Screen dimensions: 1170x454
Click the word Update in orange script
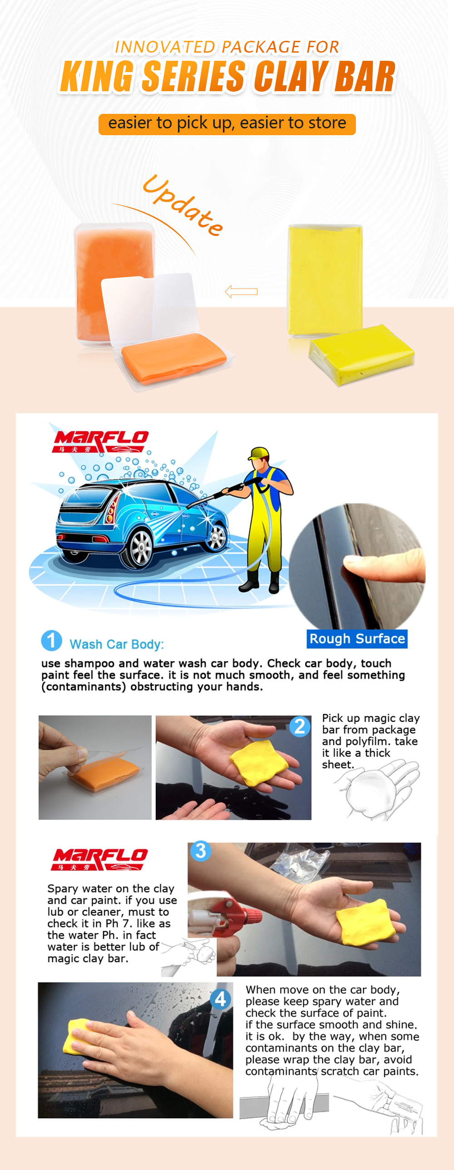click(183, 206)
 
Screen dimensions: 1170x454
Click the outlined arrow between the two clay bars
click(242, 291)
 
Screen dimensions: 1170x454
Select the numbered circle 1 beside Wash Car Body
click(51, 641)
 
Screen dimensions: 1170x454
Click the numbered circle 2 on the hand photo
click(300, 726)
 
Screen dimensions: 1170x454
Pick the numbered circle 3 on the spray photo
click(200, 851)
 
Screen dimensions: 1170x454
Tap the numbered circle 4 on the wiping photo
click(221, 999)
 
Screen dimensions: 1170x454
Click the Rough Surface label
click(357, 639)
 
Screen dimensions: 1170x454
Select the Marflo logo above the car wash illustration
click(101, 441)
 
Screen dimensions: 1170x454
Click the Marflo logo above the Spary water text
click(99, 858)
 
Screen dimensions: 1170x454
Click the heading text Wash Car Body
click(116, 644)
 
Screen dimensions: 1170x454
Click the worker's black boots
click(261, 581)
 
